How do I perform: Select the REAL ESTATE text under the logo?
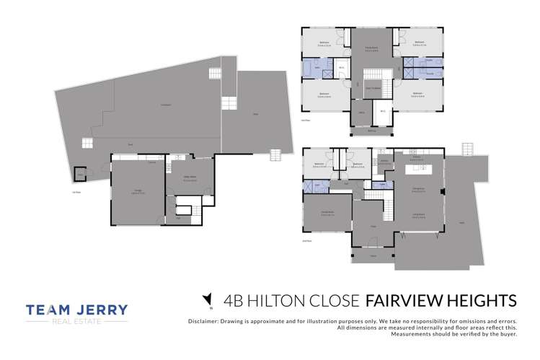point(77,324)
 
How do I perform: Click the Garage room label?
point(136,190)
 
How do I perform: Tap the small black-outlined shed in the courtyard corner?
point(80,172)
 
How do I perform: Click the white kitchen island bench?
point(417,170)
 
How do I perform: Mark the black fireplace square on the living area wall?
point(443,192)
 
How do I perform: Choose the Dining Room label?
point(417,190)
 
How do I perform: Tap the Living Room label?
point(417,214)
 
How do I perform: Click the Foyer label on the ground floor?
point(373,227)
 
